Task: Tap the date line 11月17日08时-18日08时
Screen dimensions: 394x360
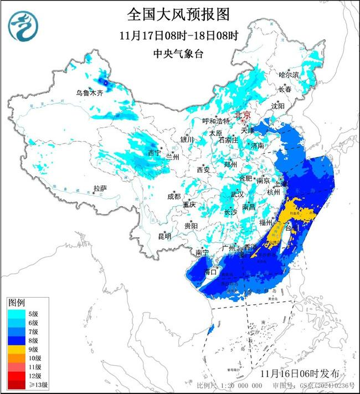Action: pos(178,35)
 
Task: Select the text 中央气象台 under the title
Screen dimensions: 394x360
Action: pos(178,54)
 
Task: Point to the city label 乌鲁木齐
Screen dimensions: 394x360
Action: pos(90,93)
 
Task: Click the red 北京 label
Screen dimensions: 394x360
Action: pos(243,115)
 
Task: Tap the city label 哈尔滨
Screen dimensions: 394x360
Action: pos(289,74)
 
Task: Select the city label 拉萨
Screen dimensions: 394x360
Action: pos(100,188)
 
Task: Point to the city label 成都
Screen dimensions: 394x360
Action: pos(173,196)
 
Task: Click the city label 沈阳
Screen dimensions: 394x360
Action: pos(278,105)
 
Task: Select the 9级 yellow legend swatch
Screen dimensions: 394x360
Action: pos(16,350)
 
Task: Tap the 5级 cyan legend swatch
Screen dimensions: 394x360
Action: pos(16,314)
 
